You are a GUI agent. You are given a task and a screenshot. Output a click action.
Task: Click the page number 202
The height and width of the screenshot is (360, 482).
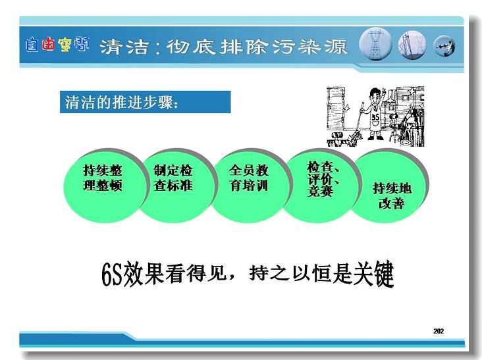pyautogui.click(x=439, y=331)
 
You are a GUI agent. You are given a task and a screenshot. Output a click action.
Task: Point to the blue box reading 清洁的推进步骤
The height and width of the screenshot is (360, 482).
pyautogui.click(x=145, y=102)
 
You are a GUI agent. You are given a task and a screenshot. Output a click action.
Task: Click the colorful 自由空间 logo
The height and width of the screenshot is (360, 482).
pyautogui.click(x=57, y=45)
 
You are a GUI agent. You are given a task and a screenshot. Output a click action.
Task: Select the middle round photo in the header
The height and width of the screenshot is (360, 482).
pyautogui.click(x=412, y=45)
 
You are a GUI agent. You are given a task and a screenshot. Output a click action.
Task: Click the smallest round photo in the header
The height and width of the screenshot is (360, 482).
pyautogui.click(x=444, y=46)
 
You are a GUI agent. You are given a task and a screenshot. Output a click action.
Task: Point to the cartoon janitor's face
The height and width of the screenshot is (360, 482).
pyautogui.click(x=375, y=97)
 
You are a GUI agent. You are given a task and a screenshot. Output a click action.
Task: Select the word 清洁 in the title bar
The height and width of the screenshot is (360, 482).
pyautogui.click(x=124, y=47)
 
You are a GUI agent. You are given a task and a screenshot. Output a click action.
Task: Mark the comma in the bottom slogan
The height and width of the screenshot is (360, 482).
pyautogui.click(x=231, y=277)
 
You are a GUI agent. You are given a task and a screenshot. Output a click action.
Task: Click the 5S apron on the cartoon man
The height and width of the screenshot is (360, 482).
pyautogui.click(x=375, y=118)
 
